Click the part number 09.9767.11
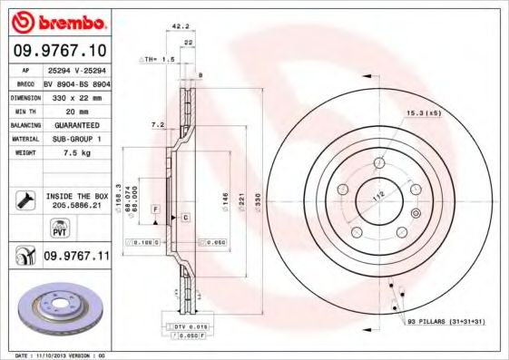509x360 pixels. (x=76, y=258)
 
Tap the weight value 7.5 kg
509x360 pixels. (x=76, y=152)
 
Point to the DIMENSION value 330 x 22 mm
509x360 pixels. (x=76, y=95)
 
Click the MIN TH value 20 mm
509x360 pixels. (x=76, y=110)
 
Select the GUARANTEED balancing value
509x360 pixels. (x=76, y=124)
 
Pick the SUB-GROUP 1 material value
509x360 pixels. (x=76, y=139)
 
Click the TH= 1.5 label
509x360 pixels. (x=161, y=58)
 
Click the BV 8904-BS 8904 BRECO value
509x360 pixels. (x=76, y=81)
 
